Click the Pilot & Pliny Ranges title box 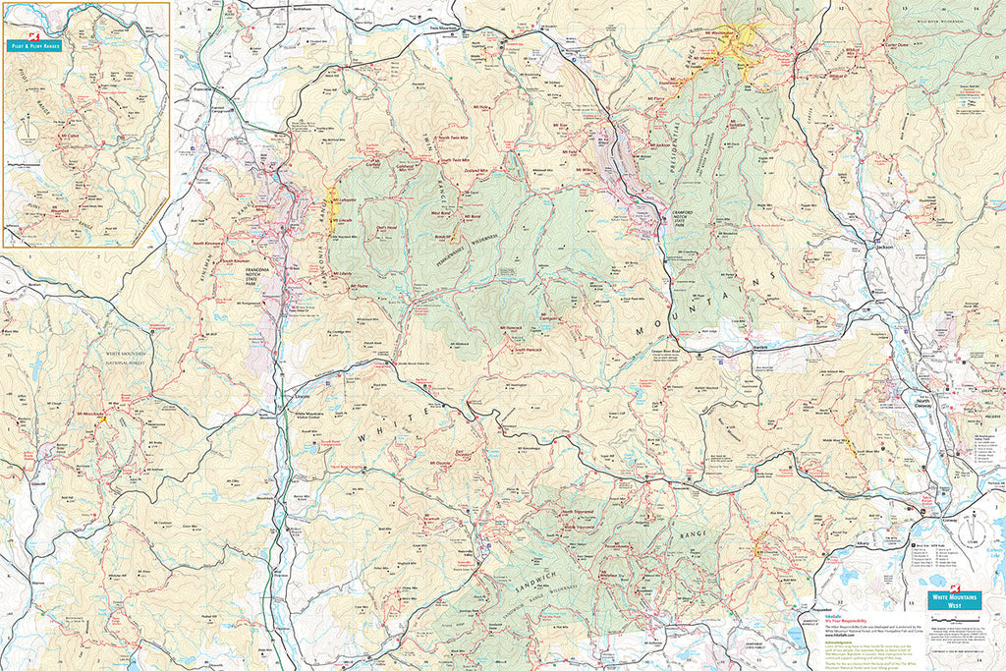[35, 45]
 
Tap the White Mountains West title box [954, 599]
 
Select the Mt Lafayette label [344, 199]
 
